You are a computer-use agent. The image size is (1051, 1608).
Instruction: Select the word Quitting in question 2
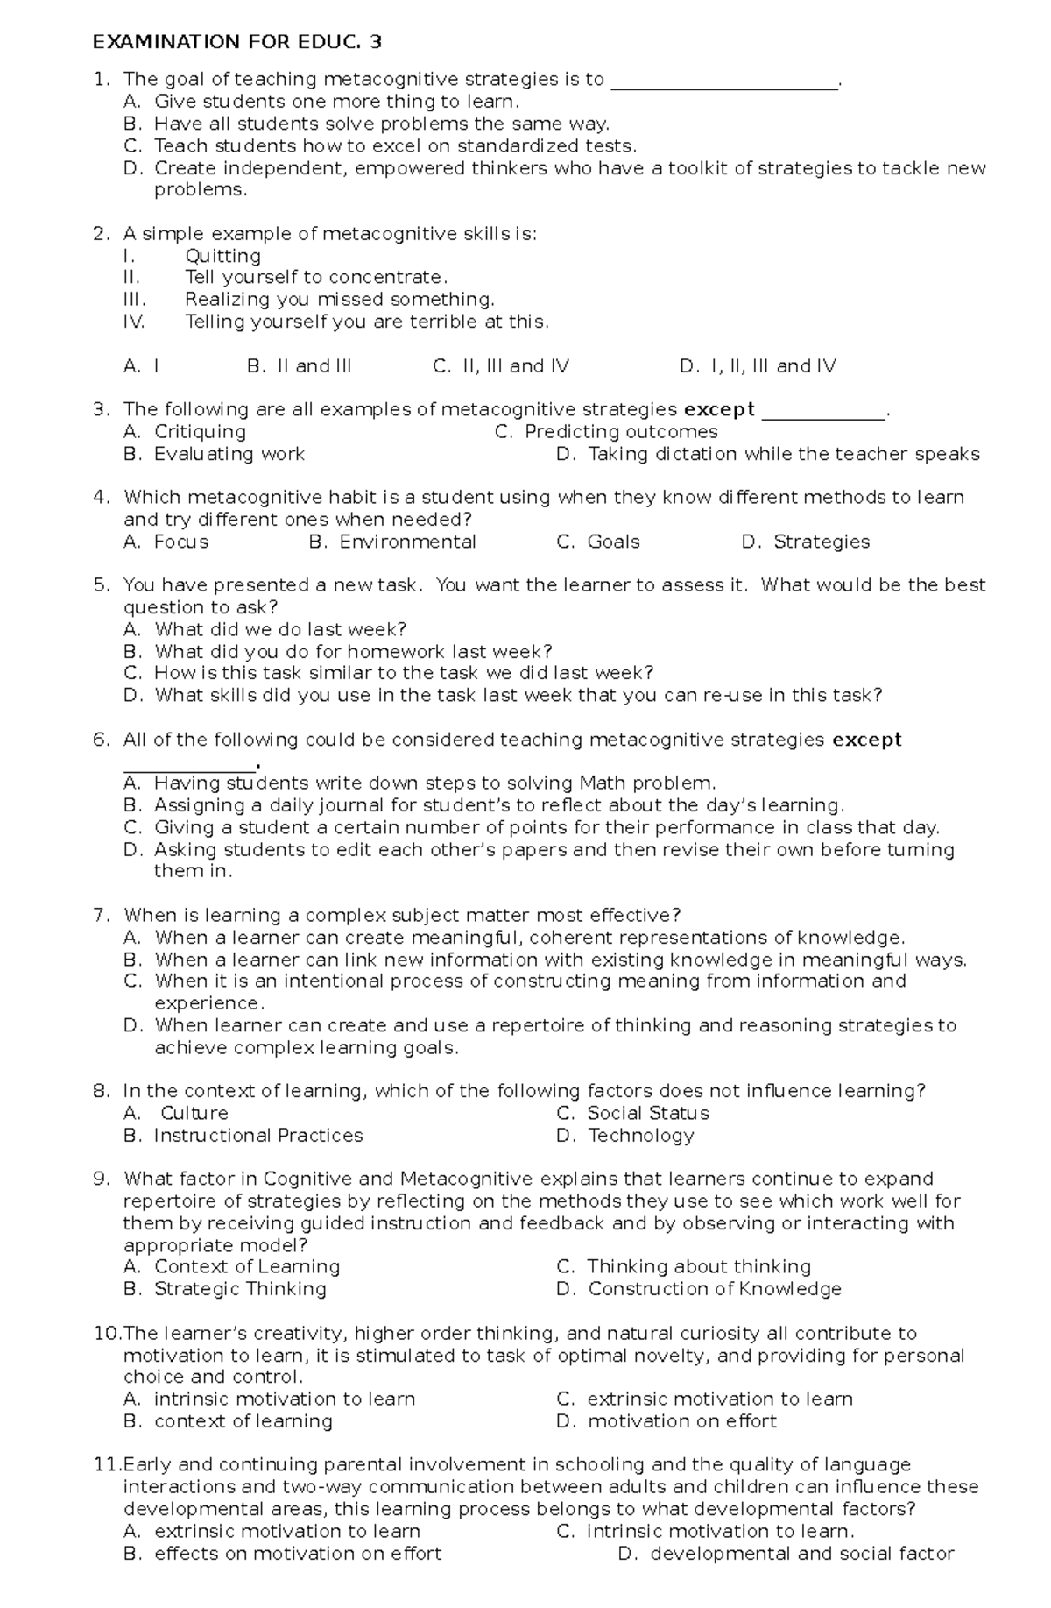click(x=222, y=256)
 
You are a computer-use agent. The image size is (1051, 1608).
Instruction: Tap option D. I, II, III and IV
click(x=758, y=366)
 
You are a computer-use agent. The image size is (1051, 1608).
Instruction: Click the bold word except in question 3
click(x=718, y=409)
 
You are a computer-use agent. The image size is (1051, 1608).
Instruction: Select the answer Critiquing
click(x=200, y=431)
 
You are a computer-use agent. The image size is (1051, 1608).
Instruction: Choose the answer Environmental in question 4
click(x=407, y=542)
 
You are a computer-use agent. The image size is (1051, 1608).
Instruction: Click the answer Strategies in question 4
click(x=821, y=542)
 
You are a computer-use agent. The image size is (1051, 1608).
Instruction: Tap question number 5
click(x=101, y=585)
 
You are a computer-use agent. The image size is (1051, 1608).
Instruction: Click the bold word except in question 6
click(x=866, y=740)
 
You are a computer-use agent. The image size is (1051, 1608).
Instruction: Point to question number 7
click(x=101, y=916)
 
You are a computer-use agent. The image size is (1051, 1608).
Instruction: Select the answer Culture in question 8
click(x=194, y=1113)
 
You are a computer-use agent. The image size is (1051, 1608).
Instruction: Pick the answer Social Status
click(x=647, y=1113)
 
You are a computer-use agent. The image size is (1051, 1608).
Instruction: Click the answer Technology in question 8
click(x=640, y=1136)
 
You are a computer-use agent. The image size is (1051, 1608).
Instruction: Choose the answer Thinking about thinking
click(x=698, y=1267)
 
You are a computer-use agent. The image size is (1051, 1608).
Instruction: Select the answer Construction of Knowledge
click(x=714, y=1289)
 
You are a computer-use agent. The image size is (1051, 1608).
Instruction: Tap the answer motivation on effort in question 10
click(x=681, y=1421)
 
